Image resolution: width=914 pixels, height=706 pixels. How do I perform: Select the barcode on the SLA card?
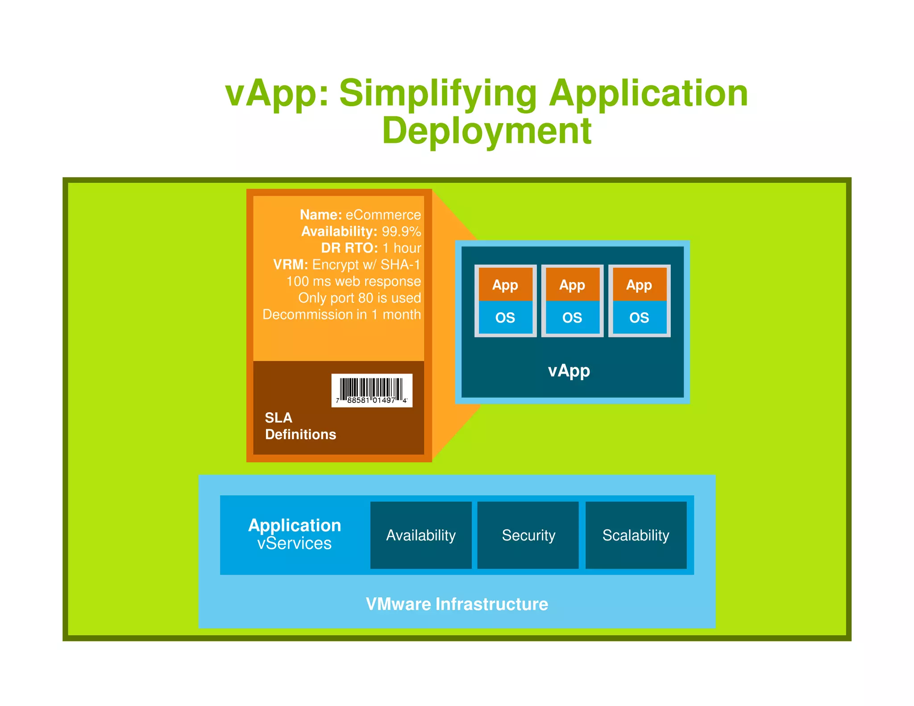coord(371,390)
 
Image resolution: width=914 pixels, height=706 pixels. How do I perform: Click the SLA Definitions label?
coord(300,426)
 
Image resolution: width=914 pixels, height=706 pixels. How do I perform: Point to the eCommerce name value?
coord(383,215)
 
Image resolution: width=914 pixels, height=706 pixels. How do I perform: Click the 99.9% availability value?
coord(401,231)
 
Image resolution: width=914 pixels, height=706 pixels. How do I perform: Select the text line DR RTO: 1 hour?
coord(370,248)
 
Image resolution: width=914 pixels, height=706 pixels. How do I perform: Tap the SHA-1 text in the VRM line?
coord(400,265)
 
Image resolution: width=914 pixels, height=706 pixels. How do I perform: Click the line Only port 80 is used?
coord(359,298)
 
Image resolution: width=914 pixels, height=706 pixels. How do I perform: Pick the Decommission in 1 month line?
coord(341,314)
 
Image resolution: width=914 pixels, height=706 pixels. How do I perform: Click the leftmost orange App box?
coord(505,284)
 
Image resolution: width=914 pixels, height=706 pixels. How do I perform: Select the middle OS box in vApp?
coord(572,317)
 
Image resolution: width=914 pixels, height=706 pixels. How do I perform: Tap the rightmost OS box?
coord(639,317)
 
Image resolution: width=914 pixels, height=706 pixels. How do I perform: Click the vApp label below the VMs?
coord(569,370)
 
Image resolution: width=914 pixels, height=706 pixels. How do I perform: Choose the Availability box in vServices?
coord(421,535)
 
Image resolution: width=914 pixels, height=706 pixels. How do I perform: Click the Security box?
coord(528,535)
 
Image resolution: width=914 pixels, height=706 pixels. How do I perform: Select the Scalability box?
coord(636,535)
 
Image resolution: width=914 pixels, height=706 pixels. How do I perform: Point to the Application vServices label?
coord(295,534)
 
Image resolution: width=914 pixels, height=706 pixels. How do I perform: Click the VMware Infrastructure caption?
coord(457,604)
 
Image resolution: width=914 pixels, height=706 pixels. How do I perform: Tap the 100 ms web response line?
coord(353,281)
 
